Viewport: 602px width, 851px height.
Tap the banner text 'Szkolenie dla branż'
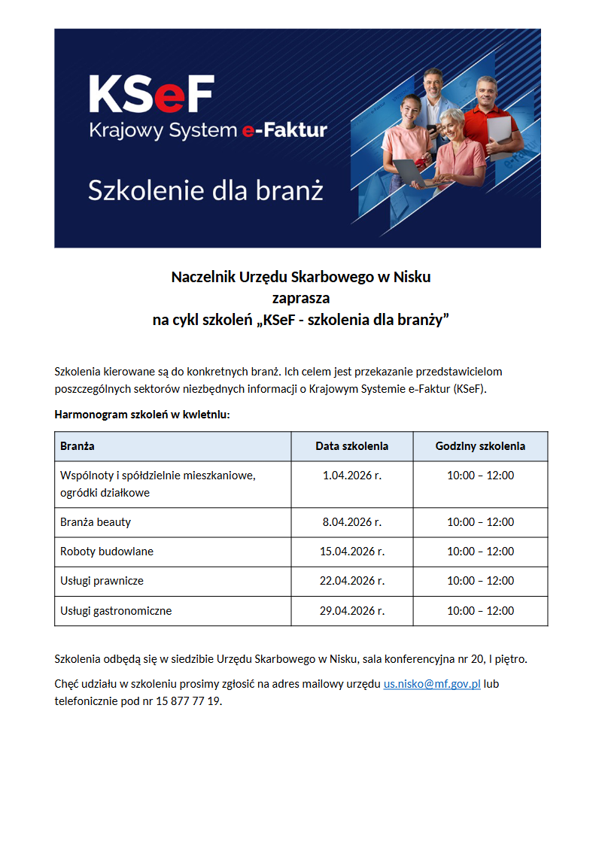point(205,190)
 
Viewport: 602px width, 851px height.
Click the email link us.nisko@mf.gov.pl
point(432,685)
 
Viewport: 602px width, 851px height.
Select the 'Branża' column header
point(78,446)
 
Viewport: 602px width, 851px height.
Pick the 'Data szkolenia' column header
point(351,446)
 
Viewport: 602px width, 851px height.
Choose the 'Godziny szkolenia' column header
point(480,446)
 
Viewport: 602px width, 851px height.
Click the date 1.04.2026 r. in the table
point(351,476)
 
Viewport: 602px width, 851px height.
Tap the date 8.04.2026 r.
point(351,522)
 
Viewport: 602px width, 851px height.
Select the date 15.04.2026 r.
point(351,552)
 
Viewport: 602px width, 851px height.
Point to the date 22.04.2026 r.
point(351,581)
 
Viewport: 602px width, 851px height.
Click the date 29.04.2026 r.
point(351,611)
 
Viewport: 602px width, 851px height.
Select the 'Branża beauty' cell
point(96,522)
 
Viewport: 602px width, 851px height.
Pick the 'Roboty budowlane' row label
point(107,552)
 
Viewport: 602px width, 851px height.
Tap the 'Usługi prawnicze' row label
point(102,581)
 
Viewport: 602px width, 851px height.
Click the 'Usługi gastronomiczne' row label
point(116,611)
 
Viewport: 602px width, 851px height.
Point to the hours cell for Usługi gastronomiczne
point(480,611)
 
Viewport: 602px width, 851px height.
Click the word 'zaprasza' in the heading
point(300,298)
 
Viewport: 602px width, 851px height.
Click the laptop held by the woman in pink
point(413,172)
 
